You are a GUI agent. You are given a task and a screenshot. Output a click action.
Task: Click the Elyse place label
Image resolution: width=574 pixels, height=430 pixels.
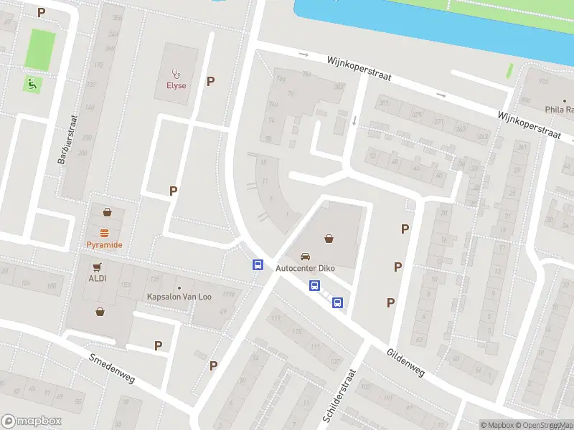176,85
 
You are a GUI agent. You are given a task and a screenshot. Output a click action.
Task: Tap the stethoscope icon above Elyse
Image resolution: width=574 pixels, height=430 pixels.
176,73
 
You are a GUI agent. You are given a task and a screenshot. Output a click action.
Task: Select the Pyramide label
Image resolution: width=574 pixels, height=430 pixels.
105,245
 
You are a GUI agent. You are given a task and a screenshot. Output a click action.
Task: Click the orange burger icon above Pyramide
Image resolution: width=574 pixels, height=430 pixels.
105,233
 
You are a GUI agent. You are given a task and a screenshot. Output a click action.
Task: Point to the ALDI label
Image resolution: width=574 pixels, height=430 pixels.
97,278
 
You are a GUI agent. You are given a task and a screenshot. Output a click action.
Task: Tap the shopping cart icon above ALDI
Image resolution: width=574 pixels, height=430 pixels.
97,267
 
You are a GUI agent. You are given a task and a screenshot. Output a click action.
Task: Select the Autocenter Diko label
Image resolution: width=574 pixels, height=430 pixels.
306,268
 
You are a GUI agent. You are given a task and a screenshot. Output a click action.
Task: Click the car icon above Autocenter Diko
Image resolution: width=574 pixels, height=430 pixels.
306,256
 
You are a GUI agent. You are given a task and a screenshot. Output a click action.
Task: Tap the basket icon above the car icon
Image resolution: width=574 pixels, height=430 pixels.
329,239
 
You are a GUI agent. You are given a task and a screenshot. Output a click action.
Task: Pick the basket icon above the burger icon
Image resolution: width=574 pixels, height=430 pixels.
107,212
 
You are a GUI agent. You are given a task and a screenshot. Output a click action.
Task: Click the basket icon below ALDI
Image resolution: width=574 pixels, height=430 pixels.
100,312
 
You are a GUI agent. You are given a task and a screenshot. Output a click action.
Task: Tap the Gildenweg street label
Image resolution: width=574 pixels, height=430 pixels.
406,363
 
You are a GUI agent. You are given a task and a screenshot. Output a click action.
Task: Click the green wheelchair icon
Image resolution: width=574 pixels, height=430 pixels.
33,84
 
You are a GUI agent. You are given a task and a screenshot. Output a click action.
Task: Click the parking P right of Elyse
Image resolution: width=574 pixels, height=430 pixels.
210,81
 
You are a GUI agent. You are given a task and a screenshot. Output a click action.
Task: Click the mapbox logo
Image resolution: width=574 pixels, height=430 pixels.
32,421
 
